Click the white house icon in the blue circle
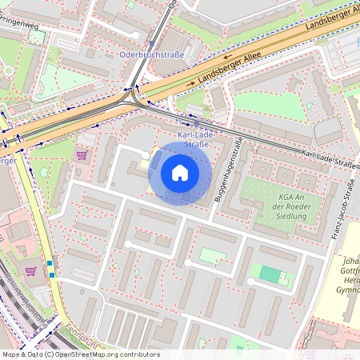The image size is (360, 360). tap(180, 173)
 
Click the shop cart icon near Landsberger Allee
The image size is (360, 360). tap(81, 154)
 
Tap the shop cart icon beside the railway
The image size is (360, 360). tap(30, 271)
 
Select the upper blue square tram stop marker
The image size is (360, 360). tap(50, 264)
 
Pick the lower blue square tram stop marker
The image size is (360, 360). tap(53, 275)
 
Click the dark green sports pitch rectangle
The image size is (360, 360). tap(270, 275)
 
